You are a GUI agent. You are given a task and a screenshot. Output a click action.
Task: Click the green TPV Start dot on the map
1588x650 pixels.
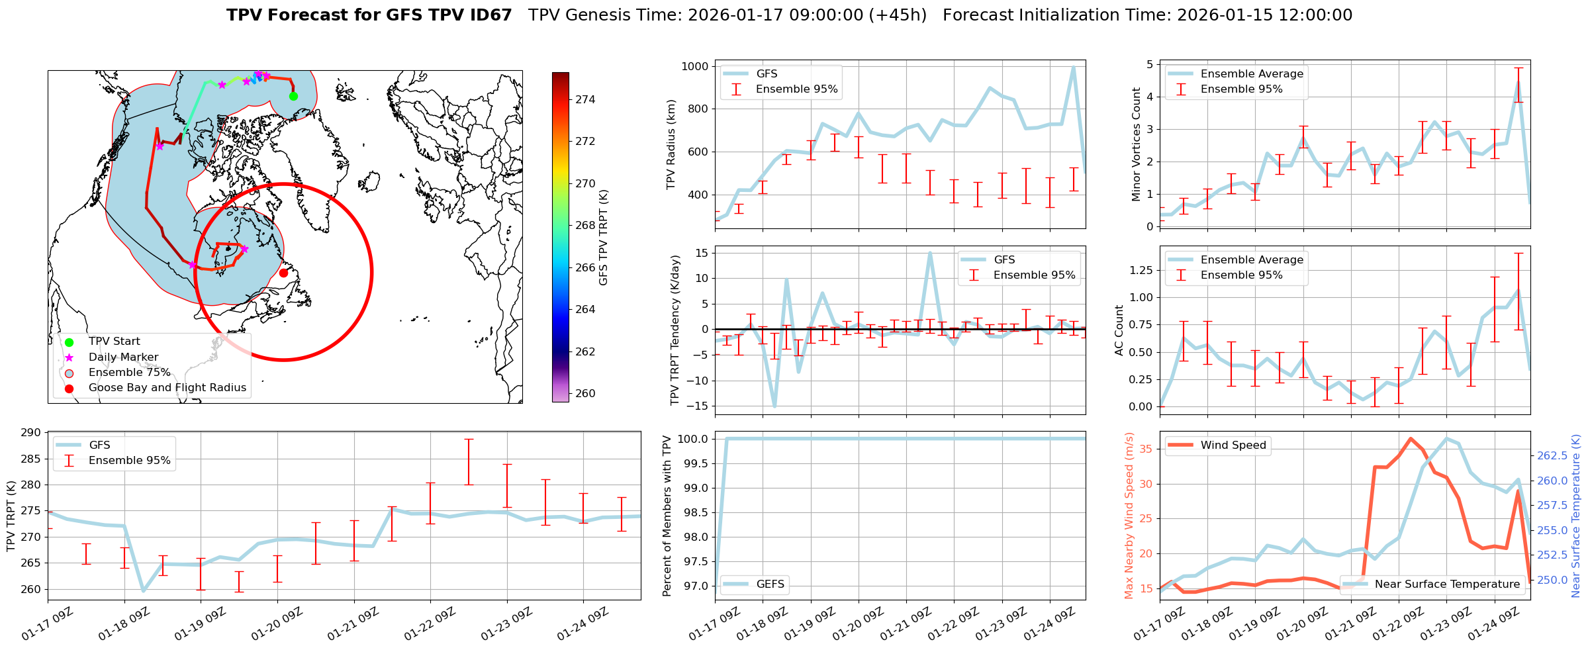tap(293, 96)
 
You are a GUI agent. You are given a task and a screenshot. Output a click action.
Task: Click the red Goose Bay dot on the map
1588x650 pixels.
tap(283, 273)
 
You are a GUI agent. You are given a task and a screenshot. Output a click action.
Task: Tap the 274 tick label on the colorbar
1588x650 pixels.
tap(585, 99)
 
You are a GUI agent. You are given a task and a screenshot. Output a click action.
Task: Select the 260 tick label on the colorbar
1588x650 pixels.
tap(585, 393)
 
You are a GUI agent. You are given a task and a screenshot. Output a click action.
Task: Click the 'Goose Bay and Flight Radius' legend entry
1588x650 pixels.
tap(167, 388)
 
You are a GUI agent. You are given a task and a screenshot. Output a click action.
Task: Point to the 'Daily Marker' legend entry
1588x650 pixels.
tap(123, 357)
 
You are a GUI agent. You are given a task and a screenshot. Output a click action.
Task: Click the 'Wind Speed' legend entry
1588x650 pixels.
tap(1233, 445)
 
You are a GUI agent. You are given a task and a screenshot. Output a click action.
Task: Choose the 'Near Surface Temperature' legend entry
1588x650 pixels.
tap(1447, 584)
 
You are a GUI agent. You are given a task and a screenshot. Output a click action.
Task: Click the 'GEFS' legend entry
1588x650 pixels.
tap(770, 584)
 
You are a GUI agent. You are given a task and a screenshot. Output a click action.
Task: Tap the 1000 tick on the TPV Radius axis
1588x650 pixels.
tap(695, 66)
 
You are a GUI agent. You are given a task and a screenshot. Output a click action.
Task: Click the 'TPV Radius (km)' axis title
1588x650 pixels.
tap(671, 144)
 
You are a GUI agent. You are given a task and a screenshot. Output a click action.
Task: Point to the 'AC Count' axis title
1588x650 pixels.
tap(1119, 330)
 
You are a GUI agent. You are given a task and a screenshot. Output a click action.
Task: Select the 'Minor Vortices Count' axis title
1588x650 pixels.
tap(1137, 144)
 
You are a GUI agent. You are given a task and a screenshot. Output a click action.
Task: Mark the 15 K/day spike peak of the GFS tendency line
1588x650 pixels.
tap(930, 253)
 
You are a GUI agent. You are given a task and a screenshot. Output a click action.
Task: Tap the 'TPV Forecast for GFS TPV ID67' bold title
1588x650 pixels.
tap(369, 15)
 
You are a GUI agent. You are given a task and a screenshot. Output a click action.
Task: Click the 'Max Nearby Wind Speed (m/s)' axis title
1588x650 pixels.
tap(1129, 516)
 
